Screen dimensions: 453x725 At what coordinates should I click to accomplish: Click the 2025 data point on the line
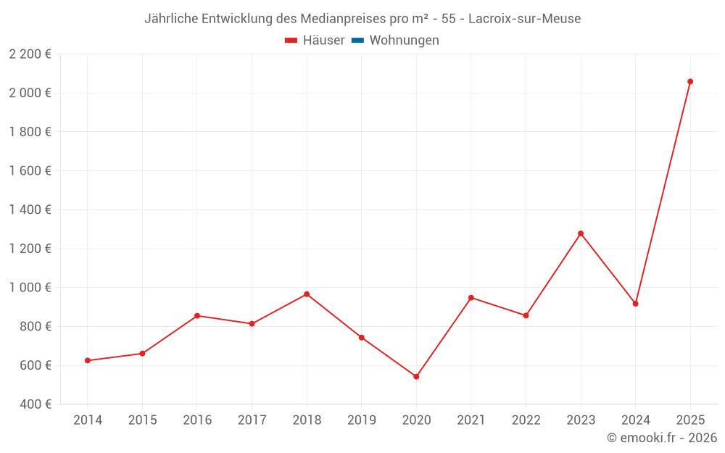690,81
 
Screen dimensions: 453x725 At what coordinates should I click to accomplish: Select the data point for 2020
416,377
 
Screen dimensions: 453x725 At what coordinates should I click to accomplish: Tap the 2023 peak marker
581,233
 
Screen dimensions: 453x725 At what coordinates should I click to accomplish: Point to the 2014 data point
88,360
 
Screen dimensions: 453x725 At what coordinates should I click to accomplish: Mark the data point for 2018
307,294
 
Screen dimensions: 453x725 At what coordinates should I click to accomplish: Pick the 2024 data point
635,304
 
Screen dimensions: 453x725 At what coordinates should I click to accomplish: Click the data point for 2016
197,316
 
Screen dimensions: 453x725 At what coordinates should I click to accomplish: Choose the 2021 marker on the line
471,298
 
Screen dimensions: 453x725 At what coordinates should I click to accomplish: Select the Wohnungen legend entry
404,41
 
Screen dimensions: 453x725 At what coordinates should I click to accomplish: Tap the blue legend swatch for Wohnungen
357,41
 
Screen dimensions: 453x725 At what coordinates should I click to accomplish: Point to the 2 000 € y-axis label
30,93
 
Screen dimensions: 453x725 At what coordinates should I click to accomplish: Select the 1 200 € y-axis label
30,249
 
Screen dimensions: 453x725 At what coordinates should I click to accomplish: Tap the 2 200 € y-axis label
30,54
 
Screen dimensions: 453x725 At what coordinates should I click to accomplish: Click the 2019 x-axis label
361,420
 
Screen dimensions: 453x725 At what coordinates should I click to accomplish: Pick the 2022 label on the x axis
526,420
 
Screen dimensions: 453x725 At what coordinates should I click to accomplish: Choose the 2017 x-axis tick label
252,420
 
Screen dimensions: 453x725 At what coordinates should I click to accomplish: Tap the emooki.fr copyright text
661,438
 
